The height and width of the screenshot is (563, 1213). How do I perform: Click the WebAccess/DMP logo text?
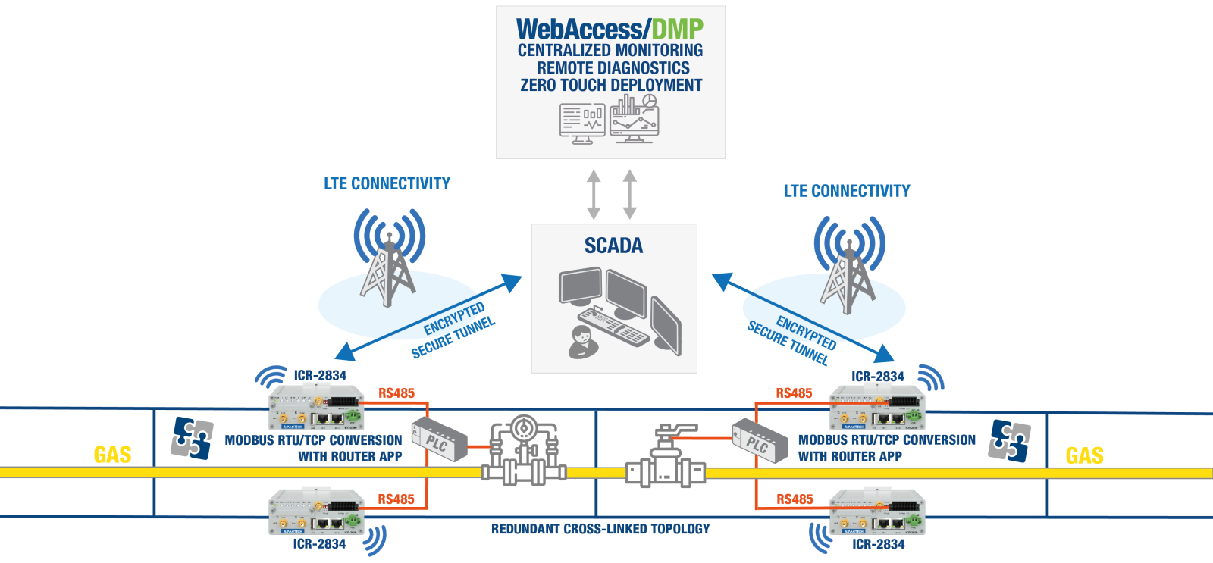coord(610,29)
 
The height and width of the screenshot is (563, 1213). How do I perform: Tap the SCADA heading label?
coord(613,246)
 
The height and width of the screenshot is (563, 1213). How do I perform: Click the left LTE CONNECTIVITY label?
coord(387,183)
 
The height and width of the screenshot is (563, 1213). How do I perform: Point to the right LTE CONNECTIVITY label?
coord(847,191)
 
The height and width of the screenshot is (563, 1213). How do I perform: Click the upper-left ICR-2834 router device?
coord(317,408)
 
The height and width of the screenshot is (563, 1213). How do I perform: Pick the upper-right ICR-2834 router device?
coord(877,408)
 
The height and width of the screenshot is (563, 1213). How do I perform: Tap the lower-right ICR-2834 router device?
coord(877,512)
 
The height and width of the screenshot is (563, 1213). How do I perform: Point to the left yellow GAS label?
coord(112,455)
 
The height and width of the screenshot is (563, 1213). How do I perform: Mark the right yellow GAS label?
coord(1084,455)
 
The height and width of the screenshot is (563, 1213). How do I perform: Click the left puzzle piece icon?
coord(191,438)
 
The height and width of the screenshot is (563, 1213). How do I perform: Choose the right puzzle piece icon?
coord(1009,441)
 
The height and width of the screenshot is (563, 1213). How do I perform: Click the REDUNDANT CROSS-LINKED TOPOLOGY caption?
coord(600,529)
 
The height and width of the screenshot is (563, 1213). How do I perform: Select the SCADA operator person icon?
coord(581,342)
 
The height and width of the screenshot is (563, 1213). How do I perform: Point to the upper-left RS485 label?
coord(396,393)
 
